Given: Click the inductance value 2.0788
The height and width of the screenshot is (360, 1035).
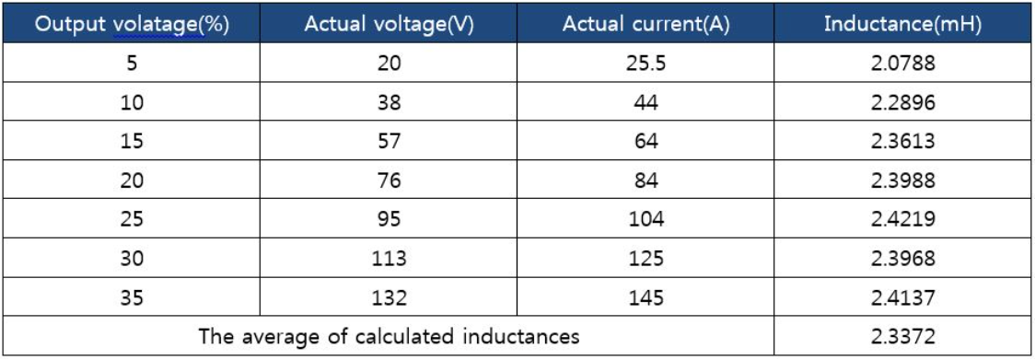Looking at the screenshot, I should pos(902,64).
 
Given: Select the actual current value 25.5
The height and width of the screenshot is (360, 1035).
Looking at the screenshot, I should pos(645,64).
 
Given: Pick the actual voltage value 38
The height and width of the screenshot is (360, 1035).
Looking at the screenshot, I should pos(390,103).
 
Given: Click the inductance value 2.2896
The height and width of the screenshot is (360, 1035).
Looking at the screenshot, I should pos(902,103).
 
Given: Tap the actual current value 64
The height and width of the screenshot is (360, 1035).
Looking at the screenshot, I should pos(645,142).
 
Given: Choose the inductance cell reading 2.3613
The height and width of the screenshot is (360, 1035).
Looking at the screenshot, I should pos(902,142).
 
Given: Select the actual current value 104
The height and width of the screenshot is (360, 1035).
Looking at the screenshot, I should pos(645,220).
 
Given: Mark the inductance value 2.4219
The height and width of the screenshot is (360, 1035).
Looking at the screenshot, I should pos(902,220).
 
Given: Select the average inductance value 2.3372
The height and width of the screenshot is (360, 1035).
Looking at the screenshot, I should pos(902,336).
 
